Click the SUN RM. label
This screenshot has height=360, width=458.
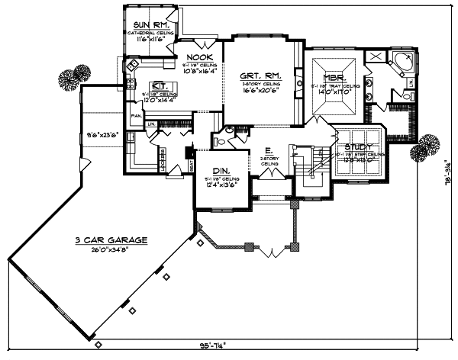(x=150, y=24)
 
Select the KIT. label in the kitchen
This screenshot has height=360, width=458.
(x=160, y=85)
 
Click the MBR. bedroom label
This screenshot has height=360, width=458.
(x=334, y=79)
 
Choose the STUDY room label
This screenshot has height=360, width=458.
(x=359, y=147)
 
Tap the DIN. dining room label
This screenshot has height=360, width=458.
(x=221, y=171)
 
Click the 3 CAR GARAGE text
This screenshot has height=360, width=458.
(x=111, y=239)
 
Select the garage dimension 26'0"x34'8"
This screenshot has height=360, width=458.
(x=111, y=249)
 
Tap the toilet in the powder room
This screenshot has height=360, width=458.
(x=218, y=140)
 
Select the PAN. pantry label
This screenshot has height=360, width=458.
(x=135, y=116)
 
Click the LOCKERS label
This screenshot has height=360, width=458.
(x=163, y=154)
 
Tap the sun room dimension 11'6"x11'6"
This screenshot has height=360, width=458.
(x=150, y=39)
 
